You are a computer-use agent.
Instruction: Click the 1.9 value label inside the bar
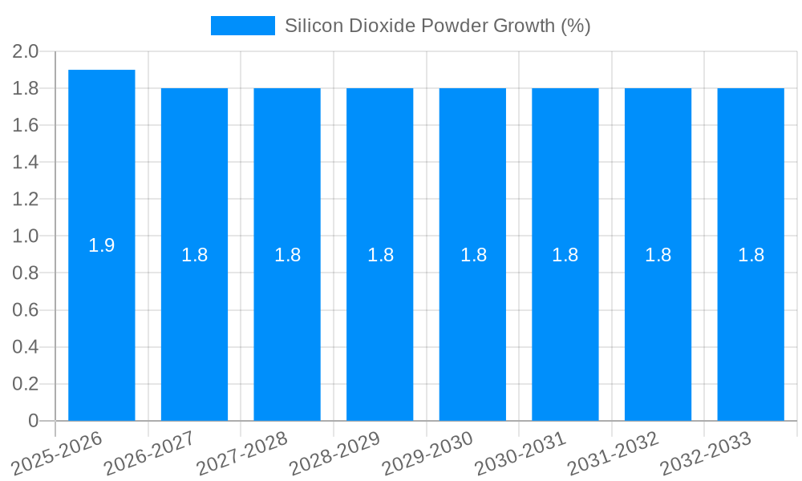tap(102, 246)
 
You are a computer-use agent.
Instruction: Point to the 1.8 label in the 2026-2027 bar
tap(195, 255)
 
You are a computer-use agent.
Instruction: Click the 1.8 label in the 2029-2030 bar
tap(473, 255)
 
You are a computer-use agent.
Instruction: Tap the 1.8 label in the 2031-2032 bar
tap(658, 255)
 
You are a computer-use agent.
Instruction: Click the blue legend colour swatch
tap(242, 26)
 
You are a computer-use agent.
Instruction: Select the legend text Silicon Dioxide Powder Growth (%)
tap(437, 26)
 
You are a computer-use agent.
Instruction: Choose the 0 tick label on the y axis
tap(33, 421)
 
